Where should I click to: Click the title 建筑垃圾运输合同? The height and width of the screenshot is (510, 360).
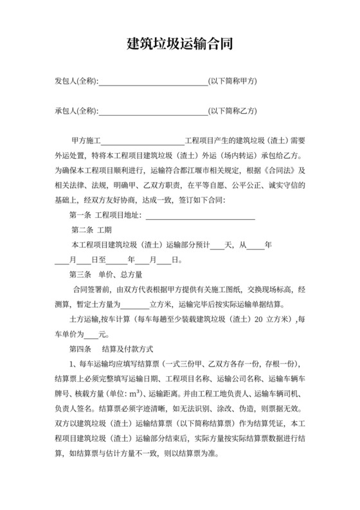[179, 44]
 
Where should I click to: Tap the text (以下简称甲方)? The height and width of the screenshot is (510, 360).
[233, 82]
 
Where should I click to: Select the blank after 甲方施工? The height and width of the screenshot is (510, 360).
[143, 140]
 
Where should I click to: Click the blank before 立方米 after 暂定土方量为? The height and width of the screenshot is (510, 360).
[134, 305]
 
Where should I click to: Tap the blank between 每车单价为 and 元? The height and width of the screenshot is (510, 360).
[93, 334]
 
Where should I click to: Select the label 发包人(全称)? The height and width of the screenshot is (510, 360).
[76, 82]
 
